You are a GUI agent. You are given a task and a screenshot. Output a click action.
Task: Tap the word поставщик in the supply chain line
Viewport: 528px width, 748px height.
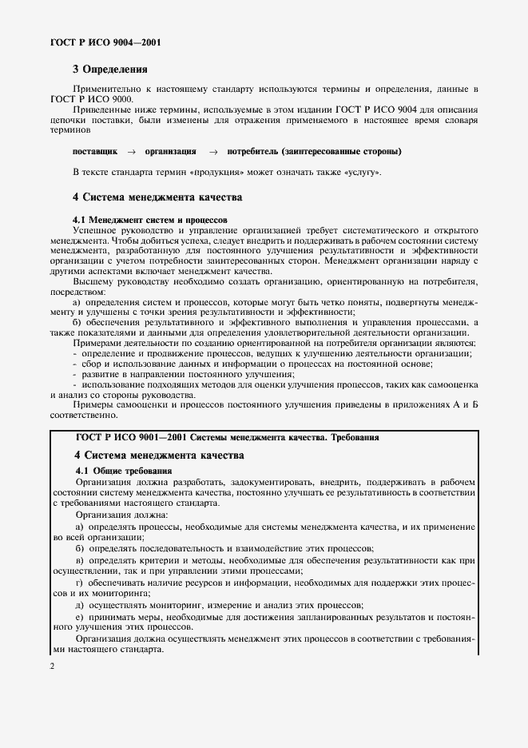click(95, 151)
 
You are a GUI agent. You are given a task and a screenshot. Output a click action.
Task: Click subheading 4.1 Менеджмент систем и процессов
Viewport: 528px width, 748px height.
click(150, 218)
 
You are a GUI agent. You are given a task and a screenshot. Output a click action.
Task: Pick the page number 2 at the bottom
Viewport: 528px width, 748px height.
click(52, 665)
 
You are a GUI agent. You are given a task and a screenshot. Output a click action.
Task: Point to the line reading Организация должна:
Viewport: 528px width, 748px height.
click(117, 517)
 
